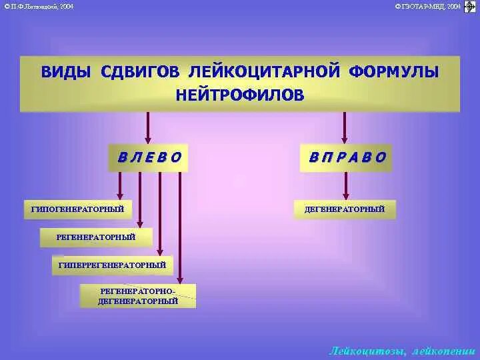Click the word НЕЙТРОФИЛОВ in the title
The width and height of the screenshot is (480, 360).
point(240,94)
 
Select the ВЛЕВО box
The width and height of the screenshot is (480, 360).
point(149,157)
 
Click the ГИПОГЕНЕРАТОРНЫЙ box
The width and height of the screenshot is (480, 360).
point(78,209)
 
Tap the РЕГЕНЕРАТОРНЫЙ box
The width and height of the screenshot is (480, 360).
point(96,237)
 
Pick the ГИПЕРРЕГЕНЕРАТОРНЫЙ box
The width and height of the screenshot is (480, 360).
point(112,265)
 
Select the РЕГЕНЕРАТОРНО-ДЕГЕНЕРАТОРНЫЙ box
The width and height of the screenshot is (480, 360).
point(139,296)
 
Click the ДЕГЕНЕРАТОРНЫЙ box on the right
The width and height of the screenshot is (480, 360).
point(345,209)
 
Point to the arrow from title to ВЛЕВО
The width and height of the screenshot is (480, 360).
point(148,127)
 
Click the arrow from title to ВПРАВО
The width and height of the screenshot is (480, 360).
point(345,127)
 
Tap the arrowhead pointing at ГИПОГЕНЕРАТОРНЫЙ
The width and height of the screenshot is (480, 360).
point(120,196)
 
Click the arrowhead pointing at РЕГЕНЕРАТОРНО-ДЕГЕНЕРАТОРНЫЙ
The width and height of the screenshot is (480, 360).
point(180,280)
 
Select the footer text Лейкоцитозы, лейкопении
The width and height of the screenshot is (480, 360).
point(402,351)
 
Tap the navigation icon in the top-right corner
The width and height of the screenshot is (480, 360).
point(469,7)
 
